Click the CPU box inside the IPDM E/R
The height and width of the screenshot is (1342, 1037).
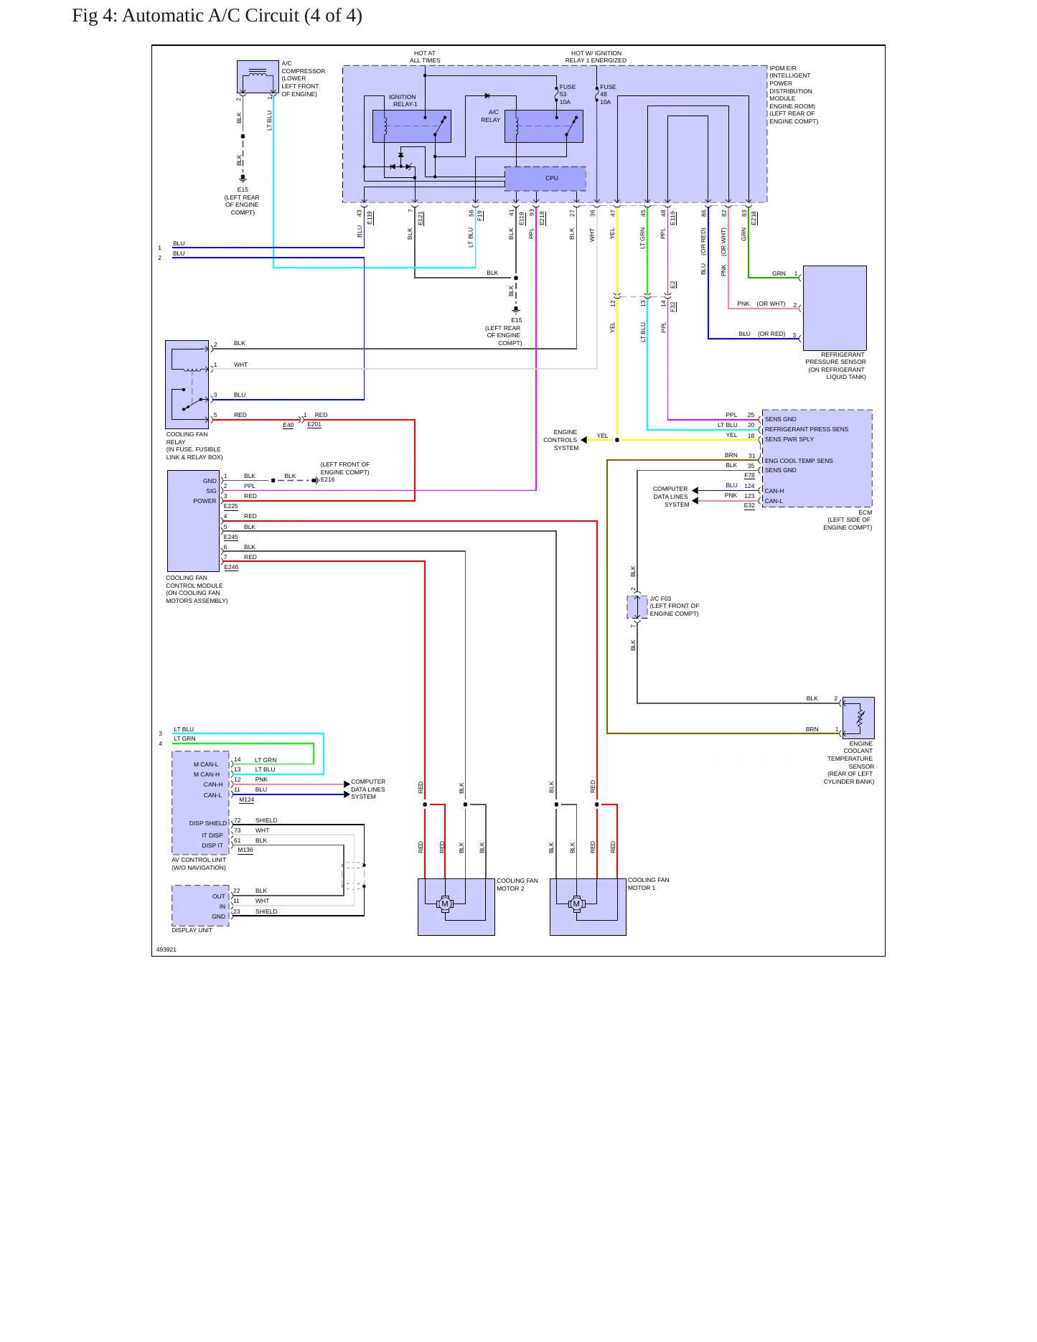[545, 178]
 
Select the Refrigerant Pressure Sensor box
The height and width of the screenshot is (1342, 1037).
[835, 308]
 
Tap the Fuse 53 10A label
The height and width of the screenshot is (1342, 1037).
[567, 95]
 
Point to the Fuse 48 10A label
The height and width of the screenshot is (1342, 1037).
[607, 95]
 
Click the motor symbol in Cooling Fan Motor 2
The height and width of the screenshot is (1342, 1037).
[445, 904]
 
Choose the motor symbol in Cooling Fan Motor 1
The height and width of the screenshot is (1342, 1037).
[576, 904]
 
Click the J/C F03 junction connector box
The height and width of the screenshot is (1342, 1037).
[637, 606]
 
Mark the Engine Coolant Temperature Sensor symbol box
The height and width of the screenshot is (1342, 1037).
[858, 718]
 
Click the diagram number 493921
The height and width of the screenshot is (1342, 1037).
[166, 949]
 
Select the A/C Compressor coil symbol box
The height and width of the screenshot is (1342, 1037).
[258, 77]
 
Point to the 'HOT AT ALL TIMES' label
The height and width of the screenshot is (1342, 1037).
[425, 57]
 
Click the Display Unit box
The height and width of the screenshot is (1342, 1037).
[201, 905]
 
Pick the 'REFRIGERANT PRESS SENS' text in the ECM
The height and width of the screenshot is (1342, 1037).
[806, 429]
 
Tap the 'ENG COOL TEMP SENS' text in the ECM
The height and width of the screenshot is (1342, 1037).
[799, 461]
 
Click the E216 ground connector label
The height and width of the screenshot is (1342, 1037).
[327, 479]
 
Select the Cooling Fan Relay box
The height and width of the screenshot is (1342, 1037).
[187, 385]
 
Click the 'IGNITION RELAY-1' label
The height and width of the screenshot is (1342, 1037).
[404, 100]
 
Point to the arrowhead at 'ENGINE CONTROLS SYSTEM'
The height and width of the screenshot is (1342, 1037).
[584, 440]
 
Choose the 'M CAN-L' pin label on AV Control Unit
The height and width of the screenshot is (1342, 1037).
[206, 764]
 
